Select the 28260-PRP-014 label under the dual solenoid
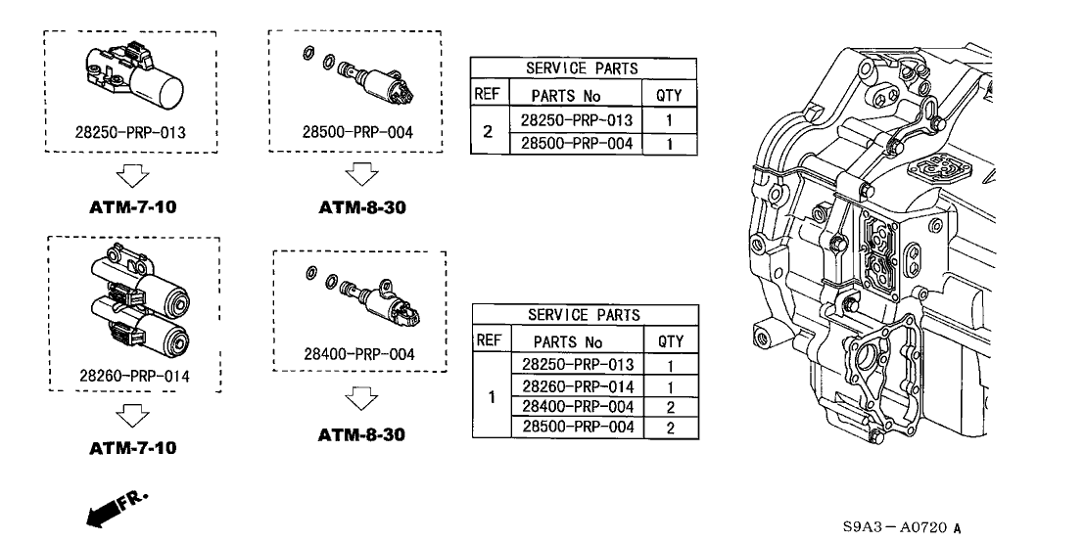135,376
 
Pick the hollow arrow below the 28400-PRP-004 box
361,398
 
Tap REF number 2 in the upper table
487,131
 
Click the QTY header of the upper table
669,96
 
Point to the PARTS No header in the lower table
568,342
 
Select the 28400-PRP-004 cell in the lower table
577,407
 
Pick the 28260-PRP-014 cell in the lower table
577,386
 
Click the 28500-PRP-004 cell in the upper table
577,144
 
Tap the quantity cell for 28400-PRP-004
671,407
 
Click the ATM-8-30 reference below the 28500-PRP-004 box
361,208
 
